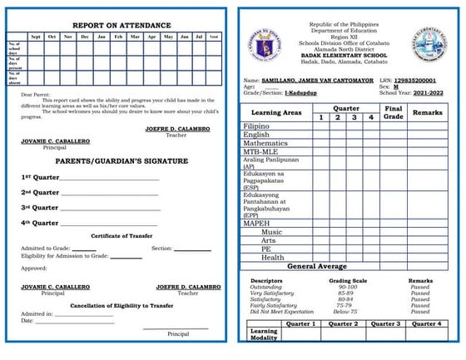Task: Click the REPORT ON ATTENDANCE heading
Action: click(x=121, y=26)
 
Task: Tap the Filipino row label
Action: click(x=256, y=126)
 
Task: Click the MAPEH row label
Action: click(x=257, y=224)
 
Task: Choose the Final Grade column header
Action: click(x=394, y=112)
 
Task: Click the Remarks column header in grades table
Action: click(x=427, y=111)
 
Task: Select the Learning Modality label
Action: click(x=264, y=334)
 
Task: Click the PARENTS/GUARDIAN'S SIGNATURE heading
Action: click(x=121, y=161)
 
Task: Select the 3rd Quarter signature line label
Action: click(x=40, y=208)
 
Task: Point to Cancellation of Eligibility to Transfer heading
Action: click(x=121, y=305)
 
